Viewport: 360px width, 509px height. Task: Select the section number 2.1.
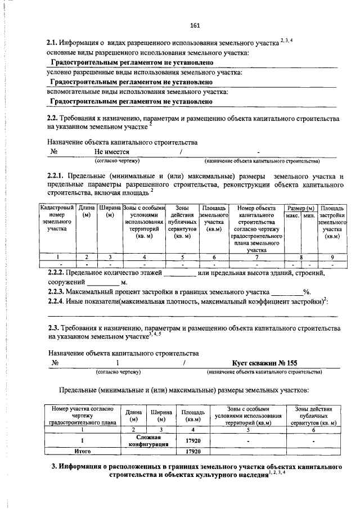point(52,43)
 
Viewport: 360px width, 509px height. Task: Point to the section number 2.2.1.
point(56,178)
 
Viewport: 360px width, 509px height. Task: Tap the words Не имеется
point(112,152)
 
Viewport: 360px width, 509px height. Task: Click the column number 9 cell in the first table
point(332,257)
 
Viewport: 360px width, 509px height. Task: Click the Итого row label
point(83,451)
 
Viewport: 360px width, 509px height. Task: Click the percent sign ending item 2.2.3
point(307,291)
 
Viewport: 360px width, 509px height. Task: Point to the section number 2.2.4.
point(56,301)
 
